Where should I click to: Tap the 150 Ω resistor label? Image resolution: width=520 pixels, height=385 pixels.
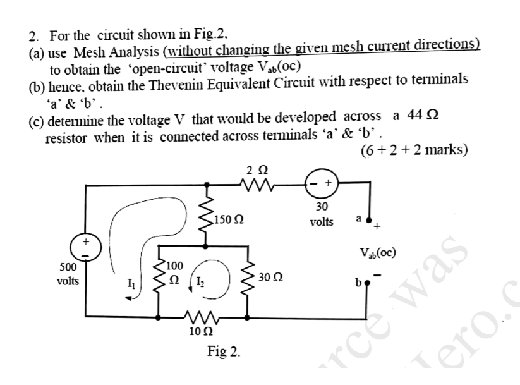[229, 220]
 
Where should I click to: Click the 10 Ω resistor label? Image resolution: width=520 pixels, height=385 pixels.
[201, 330]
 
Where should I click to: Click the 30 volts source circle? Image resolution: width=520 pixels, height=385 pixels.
[321, 184]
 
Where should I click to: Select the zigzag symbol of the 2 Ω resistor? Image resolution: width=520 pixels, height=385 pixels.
[254, 185]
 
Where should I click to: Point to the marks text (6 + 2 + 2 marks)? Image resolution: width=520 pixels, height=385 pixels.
[413, 150]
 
